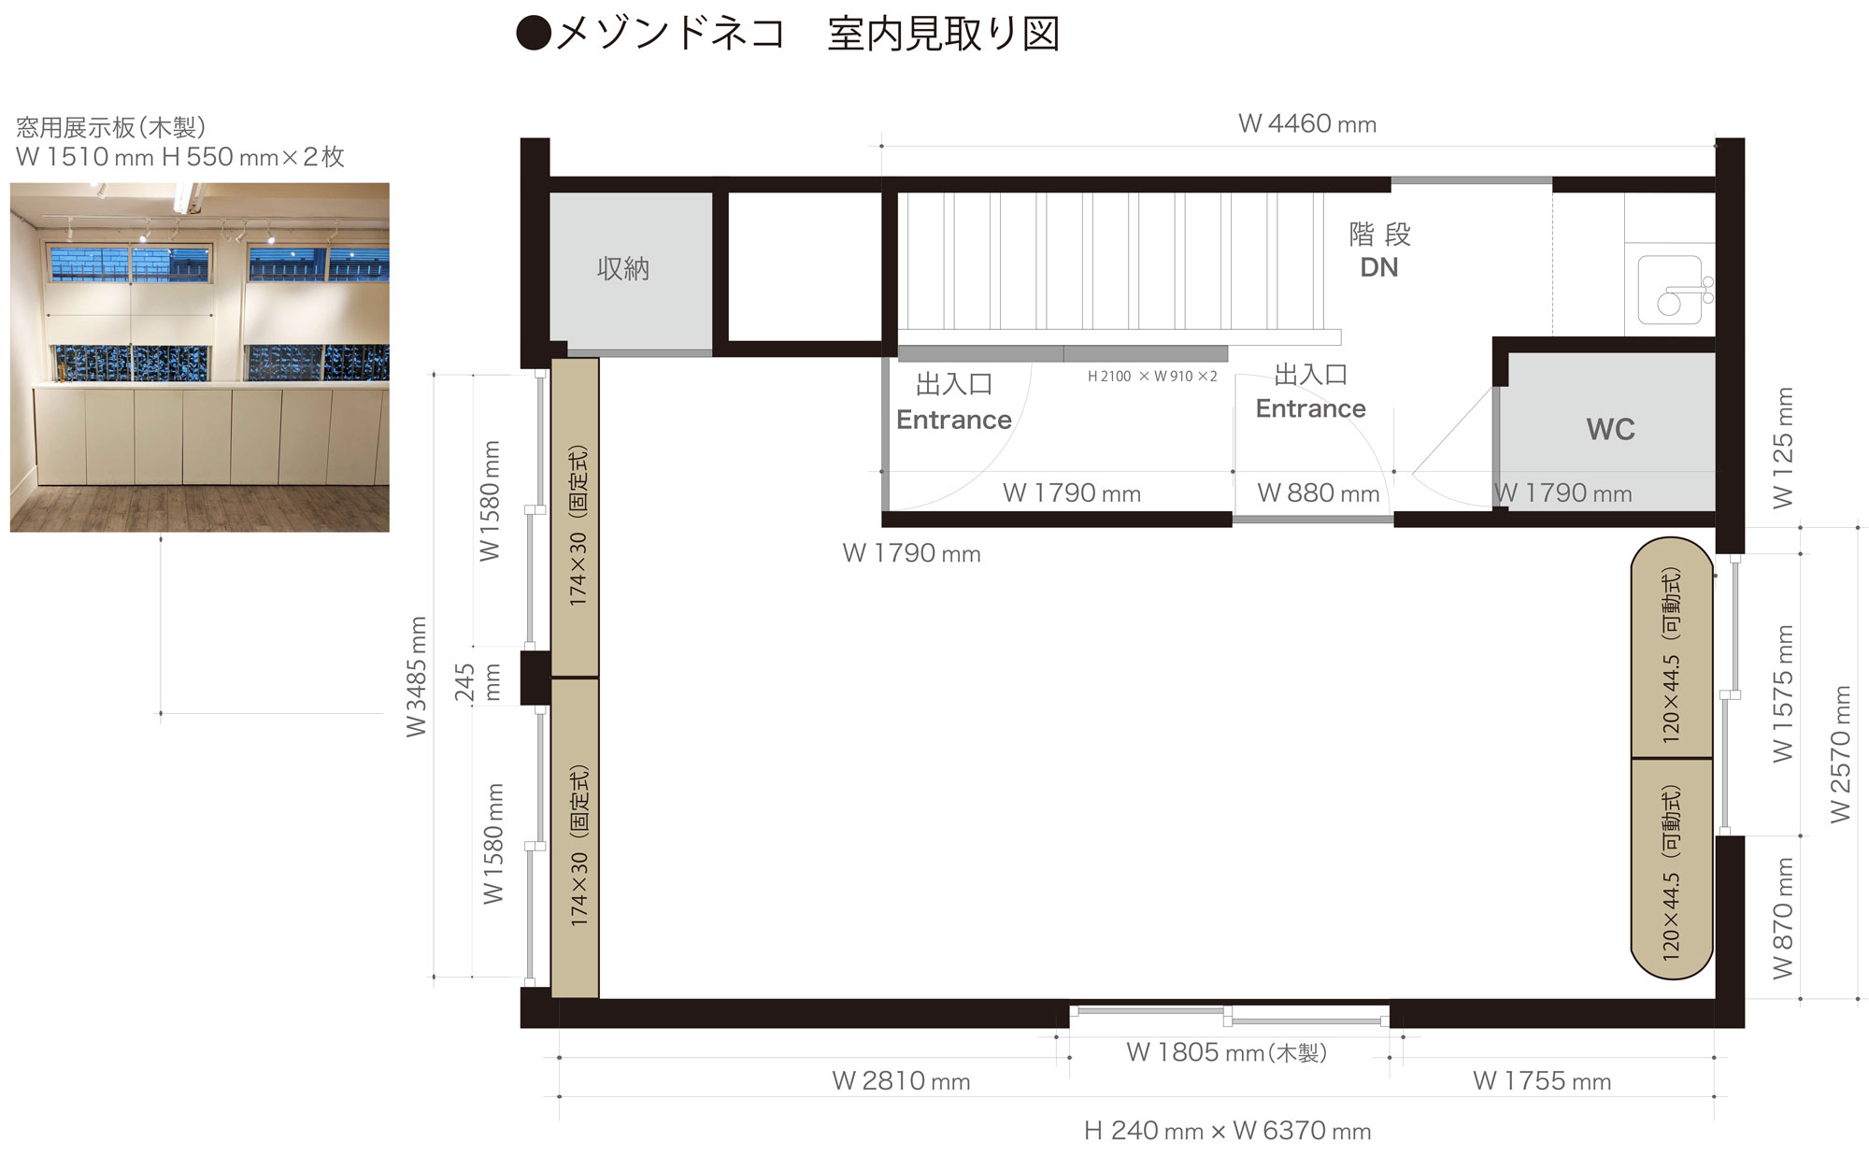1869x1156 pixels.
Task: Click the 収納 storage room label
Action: click(622, 269)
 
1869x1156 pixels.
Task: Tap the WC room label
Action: click(1610, 430)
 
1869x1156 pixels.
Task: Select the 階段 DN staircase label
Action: click(1379, 250)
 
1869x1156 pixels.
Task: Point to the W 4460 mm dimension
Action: click(1306, 123)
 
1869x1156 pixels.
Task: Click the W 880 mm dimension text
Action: click(1318, 492)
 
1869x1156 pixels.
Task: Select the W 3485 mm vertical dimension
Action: click(416, 677)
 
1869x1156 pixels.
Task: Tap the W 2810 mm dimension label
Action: click(901, 1081)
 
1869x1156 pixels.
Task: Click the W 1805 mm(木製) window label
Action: click(1226, 1052)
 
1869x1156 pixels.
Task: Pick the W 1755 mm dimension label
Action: click(1542, 1081)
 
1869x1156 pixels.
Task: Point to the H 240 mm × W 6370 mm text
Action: click(1227, 1131)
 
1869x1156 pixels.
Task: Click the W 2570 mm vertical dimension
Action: click(1840, 754)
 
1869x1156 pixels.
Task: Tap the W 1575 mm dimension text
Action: click(1783, 693)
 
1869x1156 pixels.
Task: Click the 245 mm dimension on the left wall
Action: click(478, 682)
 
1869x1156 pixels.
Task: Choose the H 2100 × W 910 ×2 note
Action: click(1152, 377)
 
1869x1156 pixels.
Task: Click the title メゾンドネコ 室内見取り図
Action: click(789, 34)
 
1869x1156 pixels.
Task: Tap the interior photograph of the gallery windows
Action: click(199, 357)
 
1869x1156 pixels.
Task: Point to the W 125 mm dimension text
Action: click(1783, 448)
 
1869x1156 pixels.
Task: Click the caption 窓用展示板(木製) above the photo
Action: click(111, 127)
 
